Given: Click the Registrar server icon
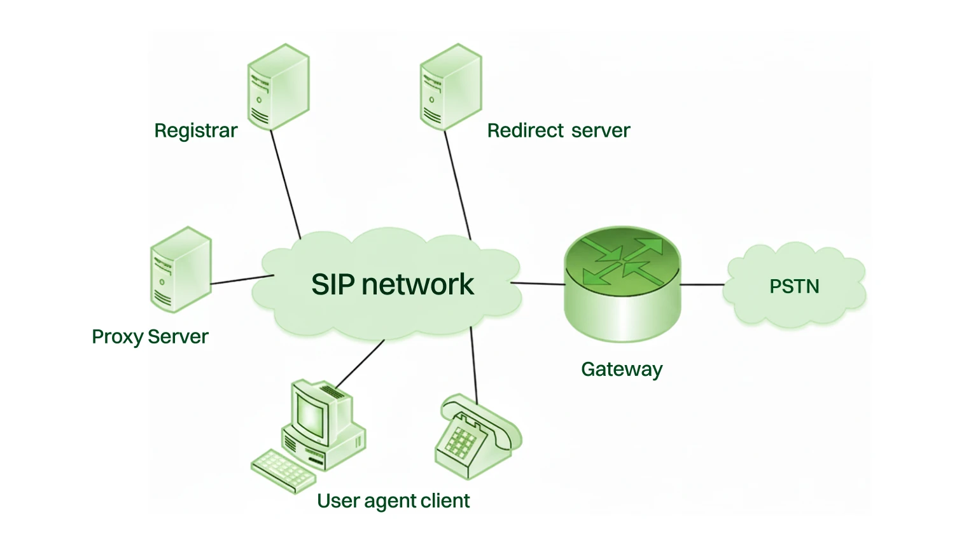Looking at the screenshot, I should (x=278, y=87).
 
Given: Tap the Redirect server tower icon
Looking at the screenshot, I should (x=451, y=87).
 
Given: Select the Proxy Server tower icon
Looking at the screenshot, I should (x=181, y=270).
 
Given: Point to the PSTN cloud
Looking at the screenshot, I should (x=795, y=287).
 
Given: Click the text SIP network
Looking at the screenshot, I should (x=392, y=284).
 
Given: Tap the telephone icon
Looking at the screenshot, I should (x=477, y=436).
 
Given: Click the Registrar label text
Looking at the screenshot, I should (x=195, y=130).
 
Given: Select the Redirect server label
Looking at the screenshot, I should (x=558, y=130).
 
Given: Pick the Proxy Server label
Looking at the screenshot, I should (x=150, y=336).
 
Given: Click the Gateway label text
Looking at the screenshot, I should (x=622, y=369).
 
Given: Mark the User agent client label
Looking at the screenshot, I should (x=393, y=501).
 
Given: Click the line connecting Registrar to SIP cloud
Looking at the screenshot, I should (x=286, y=184).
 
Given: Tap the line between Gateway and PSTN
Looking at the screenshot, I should (x=702, y=284).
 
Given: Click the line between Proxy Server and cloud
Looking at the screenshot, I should (x=242, y=280).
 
